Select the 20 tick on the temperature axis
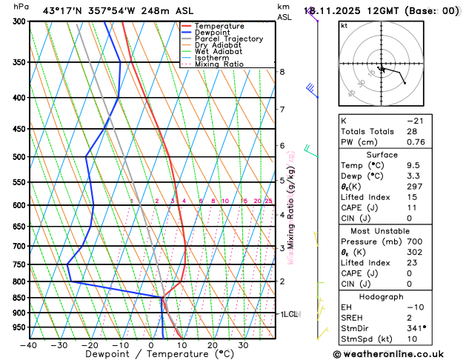point(213,345)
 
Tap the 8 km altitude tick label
point(282,72)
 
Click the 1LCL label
point(288,314)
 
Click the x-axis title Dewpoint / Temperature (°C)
point(152,355)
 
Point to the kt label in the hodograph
point(344,25)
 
